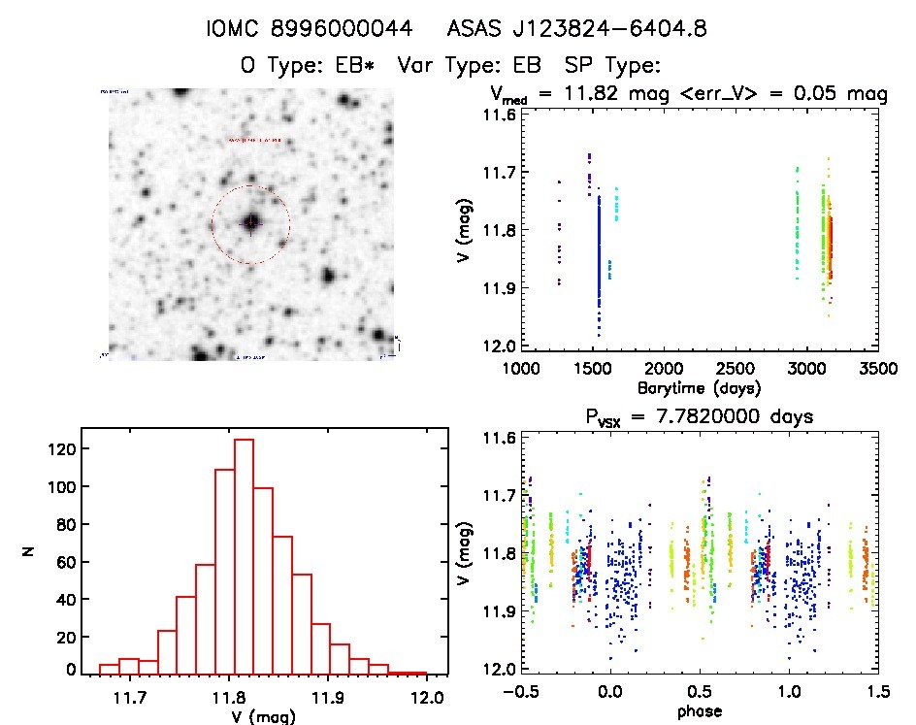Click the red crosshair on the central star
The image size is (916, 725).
click(250, 223)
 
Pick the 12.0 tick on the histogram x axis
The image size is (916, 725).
click(426, 697)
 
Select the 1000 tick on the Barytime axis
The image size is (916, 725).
click(521, 368)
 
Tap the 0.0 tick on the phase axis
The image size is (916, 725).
click(609, 692)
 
